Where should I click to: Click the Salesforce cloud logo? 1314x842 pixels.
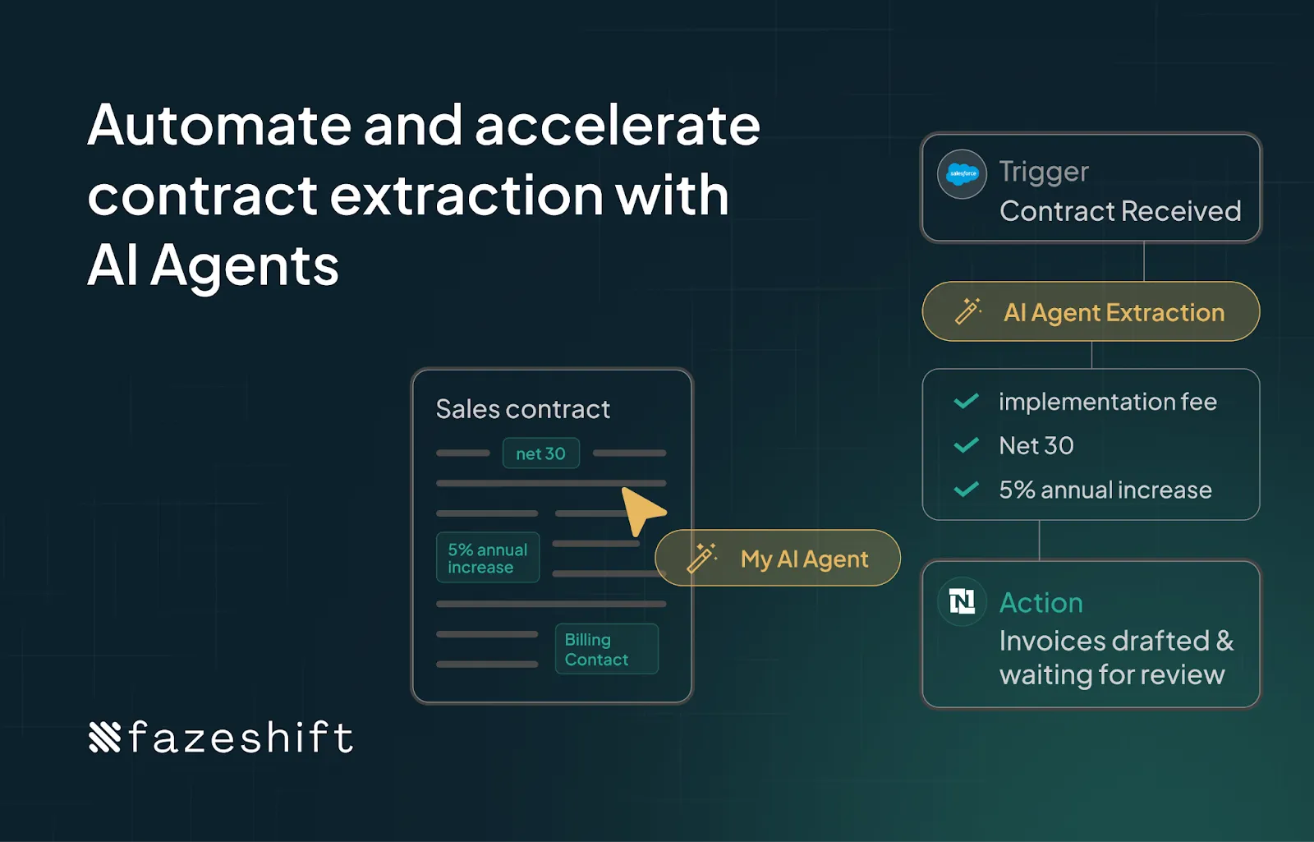(x=962, y=174)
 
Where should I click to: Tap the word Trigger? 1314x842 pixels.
(x=1044, y=172)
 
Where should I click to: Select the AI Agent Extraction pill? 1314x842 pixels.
(x=1091, y=312)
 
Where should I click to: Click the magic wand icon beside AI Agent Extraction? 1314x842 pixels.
(x=968, y=311)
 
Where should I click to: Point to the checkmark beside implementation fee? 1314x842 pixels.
(x=966, y=401)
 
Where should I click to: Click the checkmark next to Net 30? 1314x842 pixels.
(x=966, y=445)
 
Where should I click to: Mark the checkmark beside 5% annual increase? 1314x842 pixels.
(x=966, y=490)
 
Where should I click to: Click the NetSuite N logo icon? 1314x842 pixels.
(x=962, y=602)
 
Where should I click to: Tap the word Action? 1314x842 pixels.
(x=1041, y=603)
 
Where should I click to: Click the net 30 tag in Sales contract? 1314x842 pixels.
(x=540, y=453)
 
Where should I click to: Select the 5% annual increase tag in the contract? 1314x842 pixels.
(x=488, y=558)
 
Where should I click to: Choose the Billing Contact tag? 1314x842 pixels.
(x=606, y=649)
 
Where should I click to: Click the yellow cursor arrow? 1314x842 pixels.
(x=641, y=510)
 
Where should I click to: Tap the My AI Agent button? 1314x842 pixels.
(x=778, y=559)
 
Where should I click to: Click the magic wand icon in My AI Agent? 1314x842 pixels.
(x=701, y=558)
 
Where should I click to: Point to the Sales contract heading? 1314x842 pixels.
(x=522, y=409)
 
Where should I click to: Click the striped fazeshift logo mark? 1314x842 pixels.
(x=104, y=737)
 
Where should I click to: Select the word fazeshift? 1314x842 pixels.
(x=241, y=737)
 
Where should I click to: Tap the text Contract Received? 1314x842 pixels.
(x=1120, y=211)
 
